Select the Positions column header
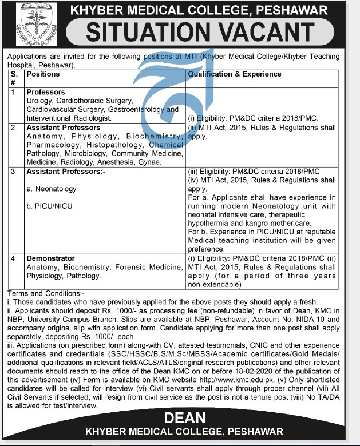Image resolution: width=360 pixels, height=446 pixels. [x=43, y=74]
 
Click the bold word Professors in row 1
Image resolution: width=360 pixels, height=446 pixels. [x=46, y=92]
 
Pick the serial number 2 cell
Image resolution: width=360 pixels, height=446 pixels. [x=14, y=128]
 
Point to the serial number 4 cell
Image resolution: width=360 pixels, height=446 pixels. [x=14, y=258]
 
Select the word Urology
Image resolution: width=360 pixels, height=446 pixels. [x=39, y=101]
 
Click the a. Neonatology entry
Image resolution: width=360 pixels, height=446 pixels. [x=52, y=189]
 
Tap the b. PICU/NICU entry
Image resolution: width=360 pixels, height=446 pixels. [x=50, y=205]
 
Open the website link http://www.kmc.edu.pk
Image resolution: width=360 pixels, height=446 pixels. [x=244, y=378]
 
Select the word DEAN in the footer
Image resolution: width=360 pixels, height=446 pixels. [x=180, y=419]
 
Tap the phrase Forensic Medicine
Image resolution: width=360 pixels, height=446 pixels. [x=153, y=267]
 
